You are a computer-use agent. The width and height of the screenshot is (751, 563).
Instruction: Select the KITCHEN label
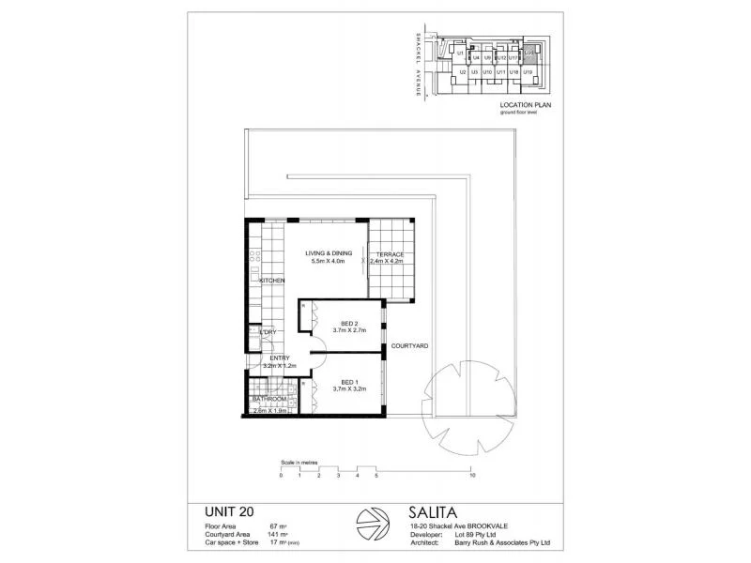pyautogui.click(x=272, y=281)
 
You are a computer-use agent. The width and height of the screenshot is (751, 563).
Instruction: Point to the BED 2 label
pyautogui.click(x=350, y=325)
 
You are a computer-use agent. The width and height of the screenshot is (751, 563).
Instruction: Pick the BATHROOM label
pyautogui.click(x=268, y=400)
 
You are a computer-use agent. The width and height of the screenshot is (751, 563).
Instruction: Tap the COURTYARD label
pyautogui.click(x=409, y=346)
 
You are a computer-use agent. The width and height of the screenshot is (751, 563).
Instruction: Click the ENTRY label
pyautogui.click(x=280, y=358)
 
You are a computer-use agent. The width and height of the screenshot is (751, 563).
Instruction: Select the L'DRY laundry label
pyautogui.click(x=268, y=332)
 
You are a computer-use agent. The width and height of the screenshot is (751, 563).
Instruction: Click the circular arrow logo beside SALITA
pyautogui.click(x=373, y=526)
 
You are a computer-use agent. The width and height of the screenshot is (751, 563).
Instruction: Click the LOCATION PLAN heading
pyautogui.click(x=525, y=106)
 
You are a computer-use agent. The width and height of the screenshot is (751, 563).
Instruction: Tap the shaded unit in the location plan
pyautogui.click(x=529, y=54)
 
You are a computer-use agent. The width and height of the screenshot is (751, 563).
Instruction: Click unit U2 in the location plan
pyautogui.click(x=461, y=71)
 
